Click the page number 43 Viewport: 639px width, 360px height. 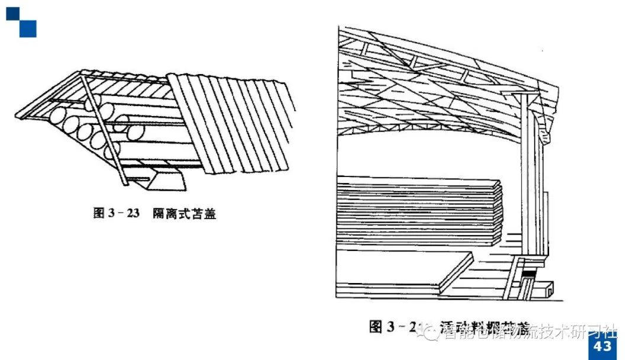pyautogui.click(x=602, y=346)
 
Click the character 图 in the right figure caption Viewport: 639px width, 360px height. pyautogui.click(x=376, y=326)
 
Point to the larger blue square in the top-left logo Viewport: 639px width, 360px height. pyautogui.click(x=27, y=28)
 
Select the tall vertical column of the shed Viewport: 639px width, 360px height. pyautogui.click(x=525, y=178)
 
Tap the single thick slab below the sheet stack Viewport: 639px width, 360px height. pyautogui.click(x=402, y=266)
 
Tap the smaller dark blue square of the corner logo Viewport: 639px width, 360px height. pyautogui.click(x=12, y=13)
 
